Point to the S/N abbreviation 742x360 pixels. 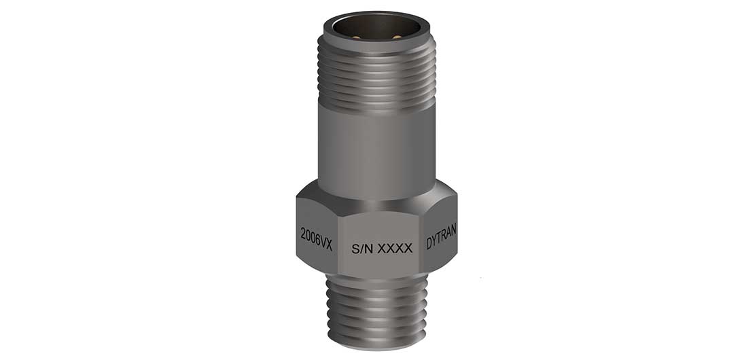tap(362, 249)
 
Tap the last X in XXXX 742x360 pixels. tap(408, 249)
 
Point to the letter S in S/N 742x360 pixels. tap(355, 249)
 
